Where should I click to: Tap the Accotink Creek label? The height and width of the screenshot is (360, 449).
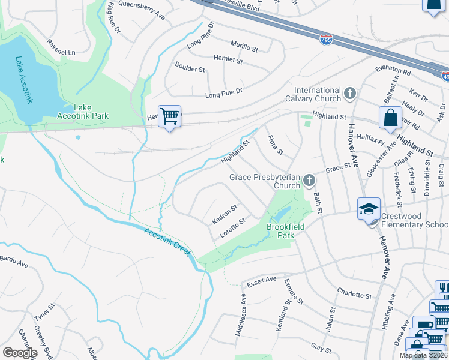(167, 241)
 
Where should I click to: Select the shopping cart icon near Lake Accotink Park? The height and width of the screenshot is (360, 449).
(170, 116)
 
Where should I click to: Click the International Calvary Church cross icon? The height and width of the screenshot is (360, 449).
(350, 94)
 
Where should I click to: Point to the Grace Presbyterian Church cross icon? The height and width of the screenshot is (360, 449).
(309, 179)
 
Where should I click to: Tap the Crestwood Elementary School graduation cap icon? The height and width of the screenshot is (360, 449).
(368, 209)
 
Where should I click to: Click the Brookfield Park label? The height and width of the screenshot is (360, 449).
(286, 232)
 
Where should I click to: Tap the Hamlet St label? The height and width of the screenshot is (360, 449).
(228, 61)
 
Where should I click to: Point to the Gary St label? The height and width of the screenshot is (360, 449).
(321, 349)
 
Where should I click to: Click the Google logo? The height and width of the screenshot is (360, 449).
(20, 353)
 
